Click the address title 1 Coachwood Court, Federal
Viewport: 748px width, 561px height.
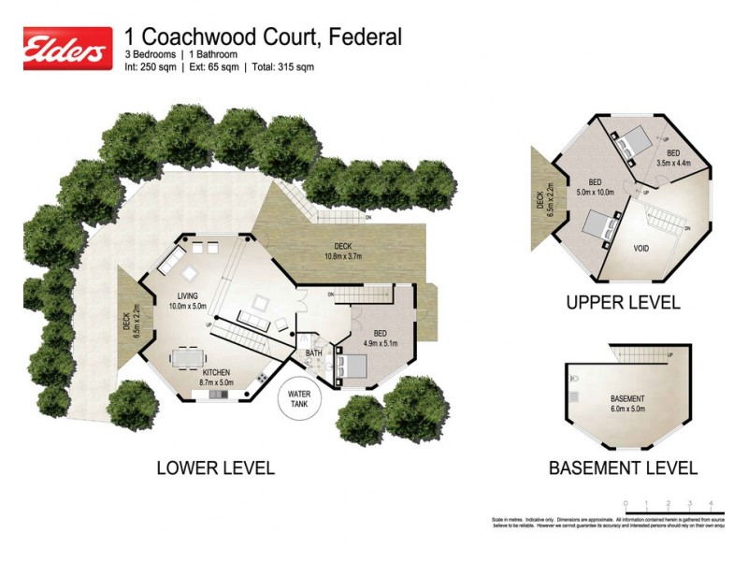pos(264,36)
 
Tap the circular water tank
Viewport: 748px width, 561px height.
pos(299,400)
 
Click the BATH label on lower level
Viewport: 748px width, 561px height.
pos(314,352)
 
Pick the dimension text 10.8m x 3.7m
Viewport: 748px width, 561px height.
pos(342,256)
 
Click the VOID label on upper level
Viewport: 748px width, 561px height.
pos(640,249)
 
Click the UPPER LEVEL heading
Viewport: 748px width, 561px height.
pos(623,304)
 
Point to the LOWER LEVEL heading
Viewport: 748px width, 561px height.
pos(214,467)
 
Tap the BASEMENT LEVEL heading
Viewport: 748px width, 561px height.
pos(623,467)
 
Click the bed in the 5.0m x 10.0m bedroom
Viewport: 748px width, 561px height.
pos(599,227)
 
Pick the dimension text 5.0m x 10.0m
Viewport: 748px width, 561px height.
pos(595,193)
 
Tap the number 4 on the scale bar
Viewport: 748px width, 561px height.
pos(712,502)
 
